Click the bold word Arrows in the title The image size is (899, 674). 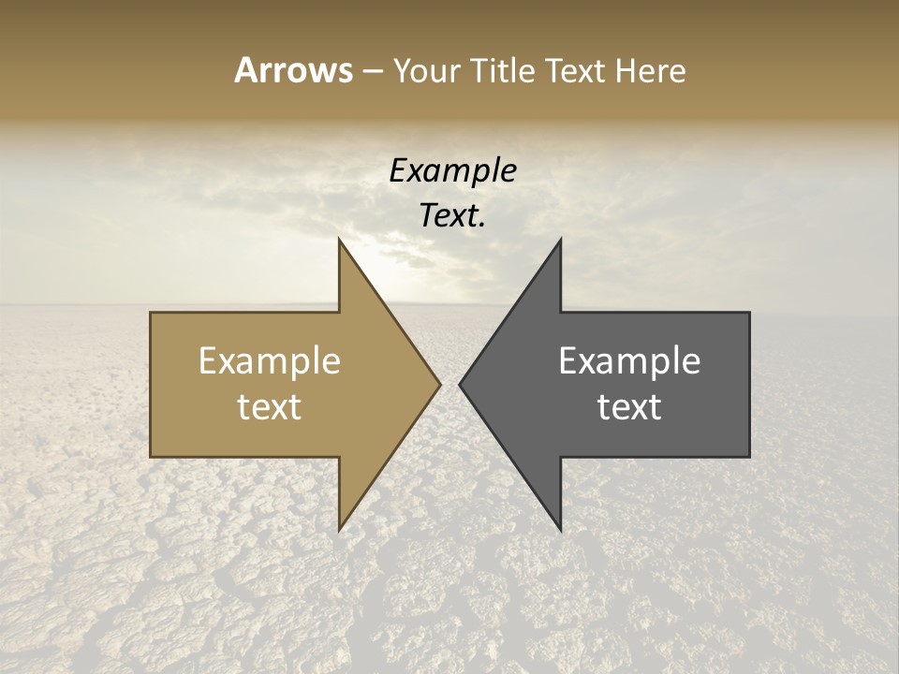(293, 70)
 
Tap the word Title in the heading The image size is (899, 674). (504, 70)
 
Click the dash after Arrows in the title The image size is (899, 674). (372, 71)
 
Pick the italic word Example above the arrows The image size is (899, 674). (452, 170)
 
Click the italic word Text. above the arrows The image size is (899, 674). (452, 215)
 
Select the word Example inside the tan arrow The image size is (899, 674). (270, 361)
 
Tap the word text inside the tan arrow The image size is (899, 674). (270, 407)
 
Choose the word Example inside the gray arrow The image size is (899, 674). (629, 361)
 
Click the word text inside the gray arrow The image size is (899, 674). (629, 407)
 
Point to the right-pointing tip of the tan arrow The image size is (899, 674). (440, 384)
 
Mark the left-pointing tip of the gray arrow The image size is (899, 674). (460, 384)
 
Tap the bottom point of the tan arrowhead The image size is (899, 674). (339, 530)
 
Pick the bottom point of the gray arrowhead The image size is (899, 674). (561, 530)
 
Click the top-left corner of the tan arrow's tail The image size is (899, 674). (151, 313)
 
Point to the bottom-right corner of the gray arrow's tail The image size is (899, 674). (749, 457)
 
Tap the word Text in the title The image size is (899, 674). (574, 70)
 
